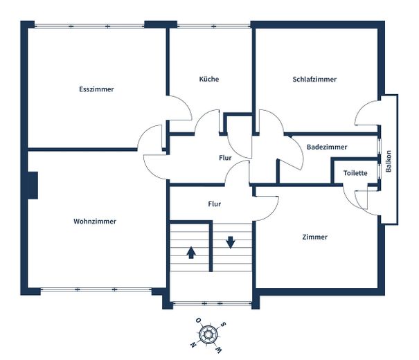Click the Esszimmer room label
(96, 89)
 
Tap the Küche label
(209, 79)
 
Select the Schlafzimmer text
(314, 80)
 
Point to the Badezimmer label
(327, 147)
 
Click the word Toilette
(355, 173)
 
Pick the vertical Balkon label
(389, 161)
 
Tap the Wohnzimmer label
(95, 222)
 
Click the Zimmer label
(315, 237)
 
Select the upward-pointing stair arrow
(190, 253)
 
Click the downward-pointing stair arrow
(231, 242)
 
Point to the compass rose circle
(208, 334)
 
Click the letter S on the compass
(223, 325)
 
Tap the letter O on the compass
(199, 320)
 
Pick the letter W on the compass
(218, 350)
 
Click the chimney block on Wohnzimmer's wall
(33, 186)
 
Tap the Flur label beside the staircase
(215, 204)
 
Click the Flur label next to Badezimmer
(225, 158)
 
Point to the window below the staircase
(212, 304)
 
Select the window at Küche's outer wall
(214, 26)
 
